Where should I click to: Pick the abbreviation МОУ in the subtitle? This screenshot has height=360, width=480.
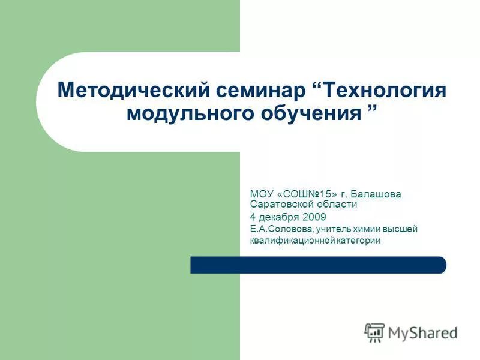tap(262, 194)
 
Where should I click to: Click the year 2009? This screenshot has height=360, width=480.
tap(314, 217)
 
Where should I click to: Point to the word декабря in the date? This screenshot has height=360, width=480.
tap(279, 217)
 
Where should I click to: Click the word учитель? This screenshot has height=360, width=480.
tap(335, 229)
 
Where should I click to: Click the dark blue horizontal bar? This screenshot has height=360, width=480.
tap(318, 265)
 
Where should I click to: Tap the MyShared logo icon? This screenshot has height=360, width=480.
tap(374, 332)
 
